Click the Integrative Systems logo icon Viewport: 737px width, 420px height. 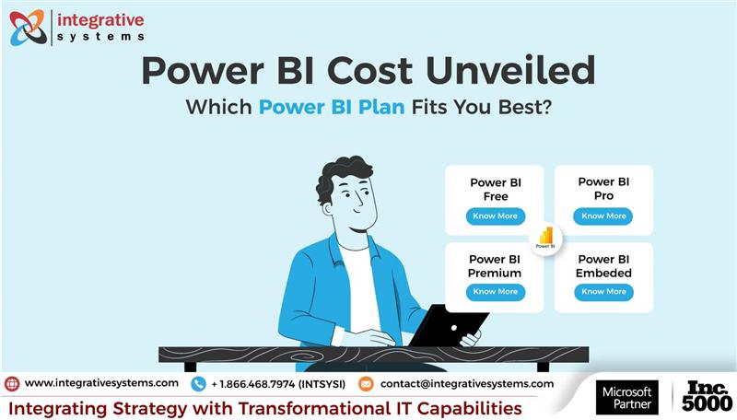click(27, 28)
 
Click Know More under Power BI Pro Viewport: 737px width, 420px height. click(603, 216)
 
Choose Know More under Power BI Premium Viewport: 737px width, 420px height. click(496, 292)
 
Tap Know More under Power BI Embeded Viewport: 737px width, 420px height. click(603, 292)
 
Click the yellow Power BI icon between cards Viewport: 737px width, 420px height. click(545, 238)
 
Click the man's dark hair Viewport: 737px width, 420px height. click(343, 175)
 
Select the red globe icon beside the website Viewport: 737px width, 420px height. click(12, 383)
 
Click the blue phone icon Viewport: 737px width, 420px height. click(198, 384)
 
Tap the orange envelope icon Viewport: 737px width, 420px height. click(366, 384)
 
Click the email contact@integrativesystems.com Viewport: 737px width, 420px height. click(467, 383)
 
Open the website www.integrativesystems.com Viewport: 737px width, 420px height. click(101, 383)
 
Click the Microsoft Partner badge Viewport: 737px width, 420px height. click(627, 396)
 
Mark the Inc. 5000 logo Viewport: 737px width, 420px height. click(708, 396)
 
